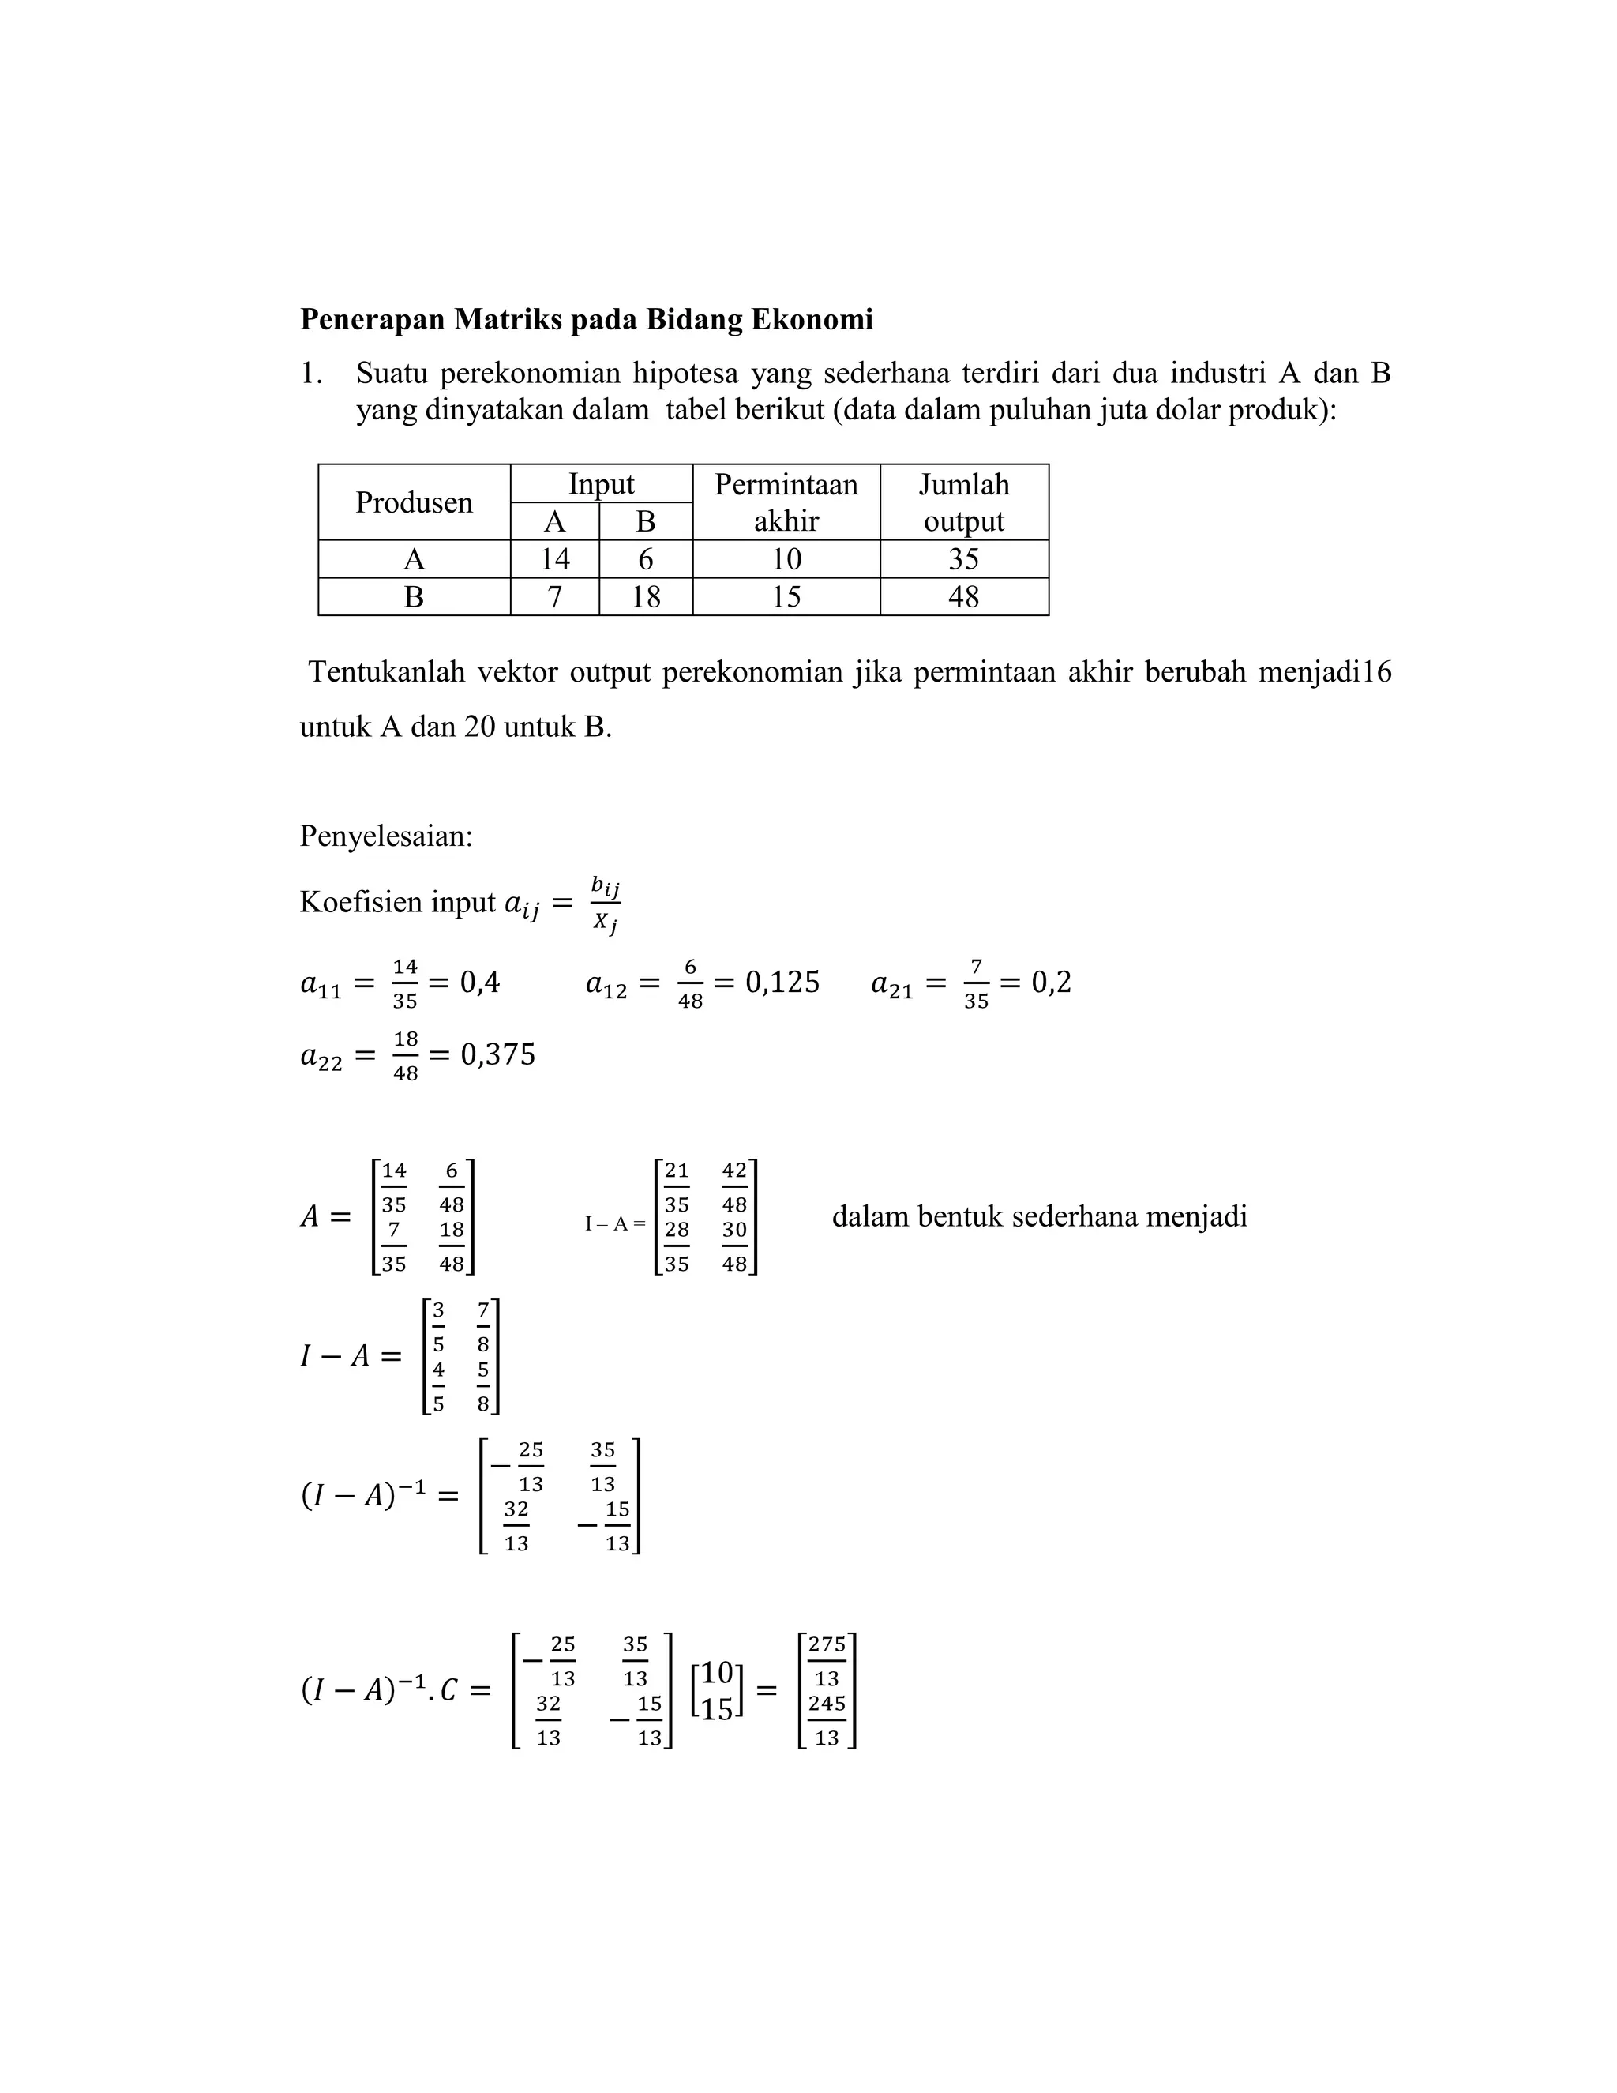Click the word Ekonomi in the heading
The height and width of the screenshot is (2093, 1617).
[x=812, y=319]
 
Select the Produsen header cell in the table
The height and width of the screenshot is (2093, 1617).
[x=414, y=502]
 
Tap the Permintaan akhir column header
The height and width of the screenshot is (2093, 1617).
[x=786, y=502]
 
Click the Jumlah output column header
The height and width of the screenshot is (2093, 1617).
[x=964, y=502]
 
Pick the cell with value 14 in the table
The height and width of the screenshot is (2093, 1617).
[x=554, y=558]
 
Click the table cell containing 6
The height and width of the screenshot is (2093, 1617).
[x=646, y=558]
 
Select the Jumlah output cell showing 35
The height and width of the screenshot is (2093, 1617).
[x=964, y=558]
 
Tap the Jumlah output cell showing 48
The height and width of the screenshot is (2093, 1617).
[x=964, y=597]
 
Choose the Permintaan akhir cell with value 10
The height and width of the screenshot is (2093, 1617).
[x=786, y=558]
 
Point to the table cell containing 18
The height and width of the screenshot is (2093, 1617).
[x=646, y=597]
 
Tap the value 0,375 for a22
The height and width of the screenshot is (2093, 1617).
[x=498, y=1055]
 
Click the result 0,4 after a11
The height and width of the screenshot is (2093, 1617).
[x=480, y=983]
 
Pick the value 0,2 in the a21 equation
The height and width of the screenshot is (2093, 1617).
[x=1051, y=983]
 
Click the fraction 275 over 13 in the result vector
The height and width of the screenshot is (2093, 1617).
[x=827, y=1661]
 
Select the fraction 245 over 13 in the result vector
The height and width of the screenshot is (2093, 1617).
[x=827, y=1720]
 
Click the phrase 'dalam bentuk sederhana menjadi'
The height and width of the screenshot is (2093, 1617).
[x=1039, y=1217]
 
